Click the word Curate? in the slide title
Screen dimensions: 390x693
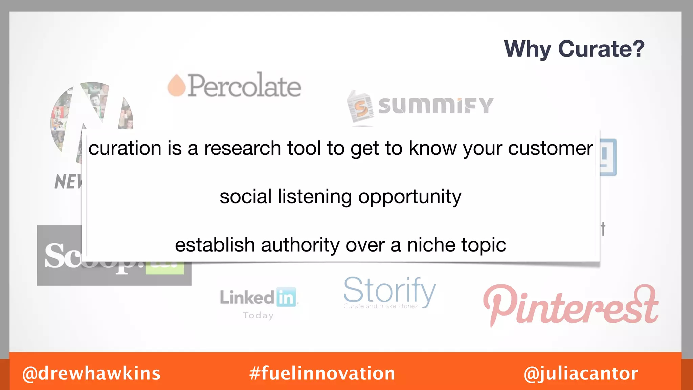601,49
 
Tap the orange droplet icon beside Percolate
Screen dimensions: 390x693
177,86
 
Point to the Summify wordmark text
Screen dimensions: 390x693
435,106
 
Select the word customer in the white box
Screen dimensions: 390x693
550,149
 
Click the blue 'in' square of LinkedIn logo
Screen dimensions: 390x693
286,297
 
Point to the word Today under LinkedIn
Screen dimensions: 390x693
258,316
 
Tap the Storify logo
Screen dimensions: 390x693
389,291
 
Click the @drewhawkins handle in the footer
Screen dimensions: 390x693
91,373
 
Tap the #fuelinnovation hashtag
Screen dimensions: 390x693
322,373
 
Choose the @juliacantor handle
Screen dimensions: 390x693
581,373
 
